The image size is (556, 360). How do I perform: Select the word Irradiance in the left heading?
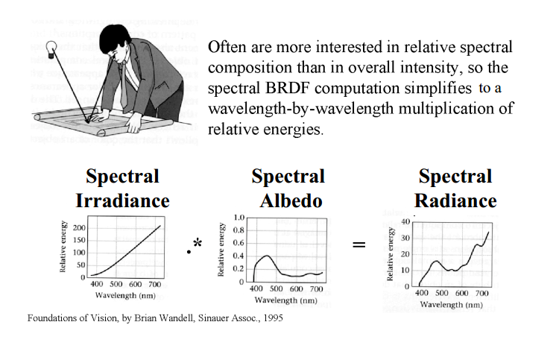[x=122, y=200]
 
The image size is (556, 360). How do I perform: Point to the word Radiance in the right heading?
[x=455, y=200]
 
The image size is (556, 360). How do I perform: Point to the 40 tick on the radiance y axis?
[x=405, y=222]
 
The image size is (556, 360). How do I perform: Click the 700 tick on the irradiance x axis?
[x=156, y=284]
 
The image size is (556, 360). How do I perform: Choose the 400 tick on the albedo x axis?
[x=256, y=289]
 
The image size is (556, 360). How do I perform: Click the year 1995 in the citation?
[x=273, y=318]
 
